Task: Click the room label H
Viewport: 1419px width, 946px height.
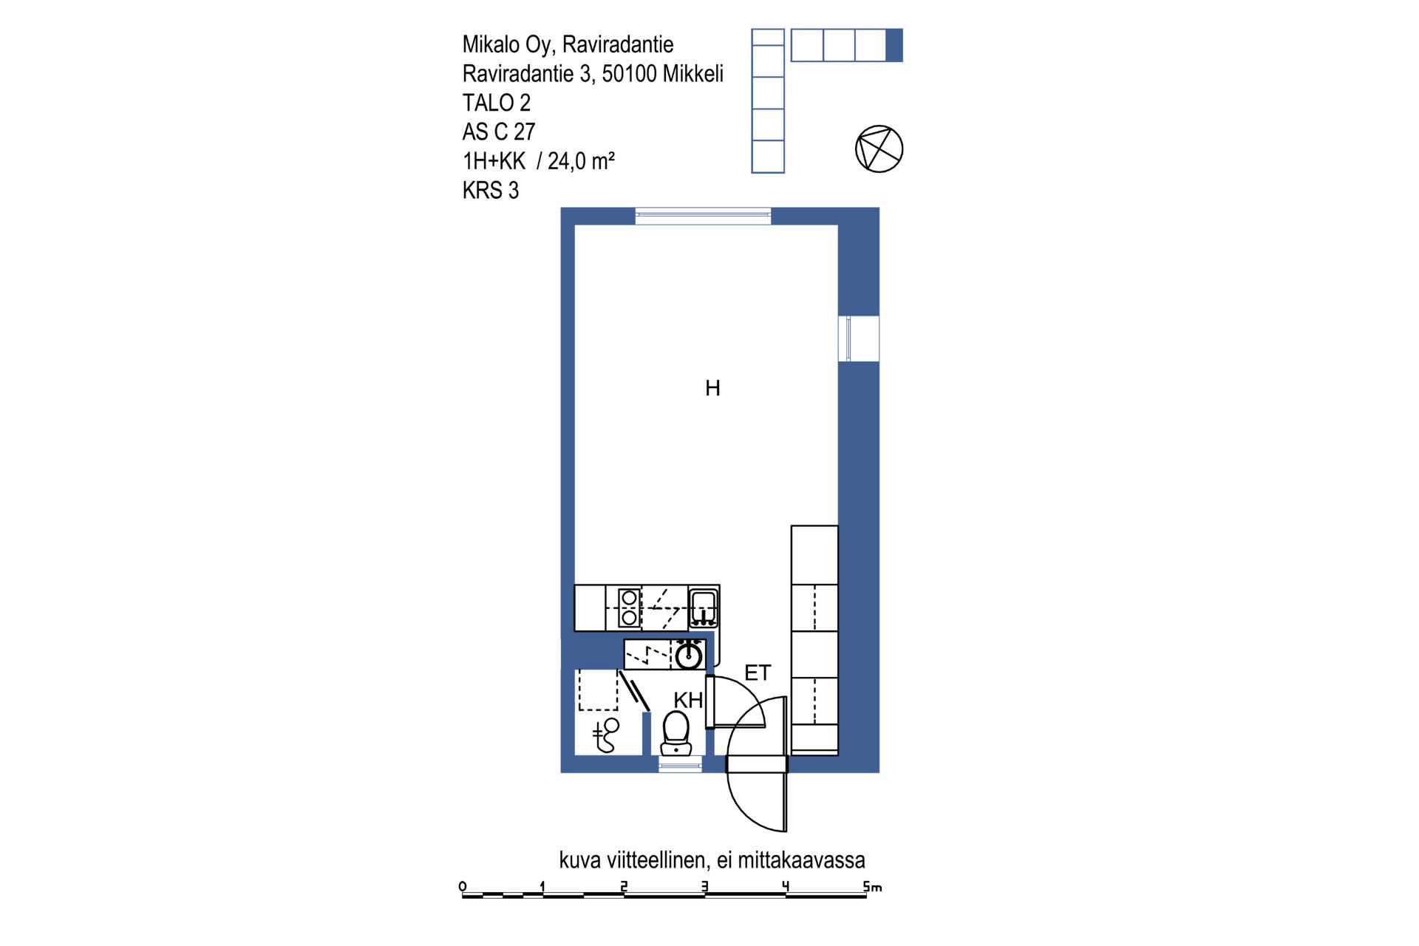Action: tap(712, 388)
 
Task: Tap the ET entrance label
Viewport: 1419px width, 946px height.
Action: tap(758, 673)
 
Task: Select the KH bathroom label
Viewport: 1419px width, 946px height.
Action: tap(688, 700)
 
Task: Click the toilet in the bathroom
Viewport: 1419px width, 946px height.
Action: tap(676, 732)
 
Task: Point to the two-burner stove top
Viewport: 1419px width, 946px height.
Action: tap(629, 607)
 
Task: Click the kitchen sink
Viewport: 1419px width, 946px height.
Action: tap(703, 608)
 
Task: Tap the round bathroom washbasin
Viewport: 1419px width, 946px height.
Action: tap(689, 656)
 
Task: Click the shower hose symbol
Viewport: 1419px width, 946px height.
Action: tap(606, 735)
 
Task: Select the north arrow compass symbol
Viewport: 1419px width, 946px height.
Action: tap(879, 149)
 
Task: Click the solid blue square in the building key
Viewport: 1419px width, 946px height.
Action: tap(894, 45)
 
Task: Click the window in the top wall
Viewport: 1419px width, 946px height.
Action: tap(703, 216)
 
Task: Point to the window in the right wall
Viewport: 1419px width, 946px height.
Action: tap(858, 338)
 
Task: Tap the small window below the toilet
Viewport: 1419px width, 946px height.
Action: tap(681, 765)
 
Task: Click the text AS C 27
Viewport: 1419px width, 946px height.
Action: tap(499, 132)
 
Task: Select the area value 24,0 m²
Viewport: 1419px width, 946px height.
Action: tap(582, 160)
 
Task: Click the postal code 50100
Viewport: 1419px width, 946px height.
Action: tap(629, 74)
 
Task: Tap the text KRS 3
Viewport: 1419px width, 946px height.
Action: tap(491, 190)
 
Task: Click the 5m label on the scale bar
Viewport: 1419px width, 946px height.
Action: tap(872, 886)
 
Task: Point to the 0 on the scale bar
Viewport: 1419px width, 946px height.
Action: tap(463, 886)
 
